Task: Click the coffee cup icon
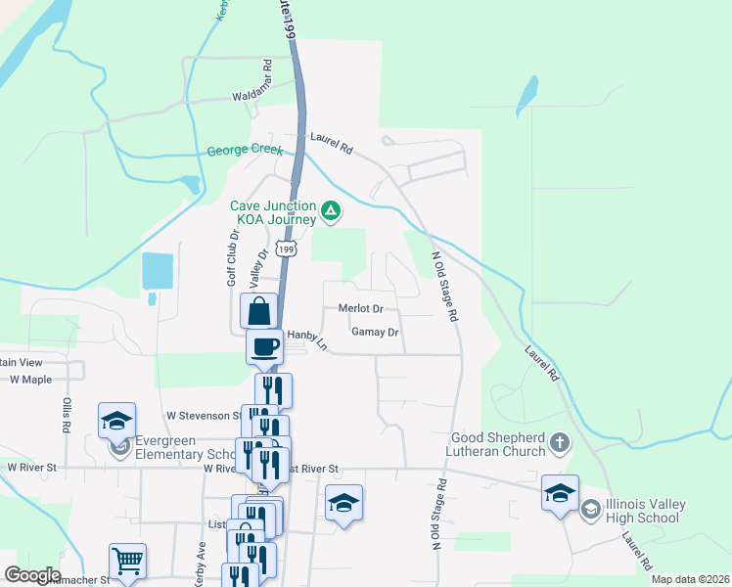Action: pyautogui.click(x=265, y=345)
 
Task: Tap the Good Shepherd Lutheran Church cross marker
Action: pyautogui.click(x=559, y=442)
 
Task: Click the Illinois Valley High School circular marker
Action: pyautogui.click(x=590, y=509)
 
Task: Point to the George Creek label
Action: pyautogui.click(x=245, y=152)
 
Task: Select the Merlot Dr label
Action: pyautogui.click(x=360, y=308)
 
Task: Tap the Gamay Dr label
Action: pyautogui.click(x=376, y=333)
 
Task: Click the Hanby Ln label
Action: pyautogui.click(x=304, y=334)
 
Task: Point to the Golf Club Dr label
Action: pyautogui.click(x=233, y=256)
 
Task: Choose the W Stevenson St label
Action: pyautogui.click(x=204, y=415)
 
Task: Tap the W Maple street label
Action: pyautogui.click(x=30, y=380)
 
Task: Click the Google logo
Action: pyautogui.click(x=33, y=575)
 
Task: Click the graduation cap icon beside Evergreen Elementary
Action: pyautogui.click(x=117, y=422)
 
